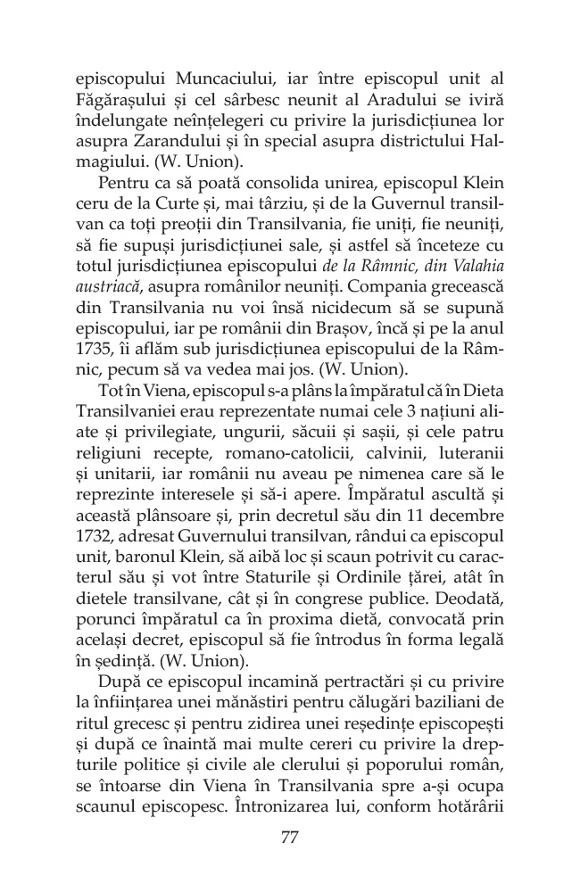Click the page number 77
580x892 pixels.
(289, 837)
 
